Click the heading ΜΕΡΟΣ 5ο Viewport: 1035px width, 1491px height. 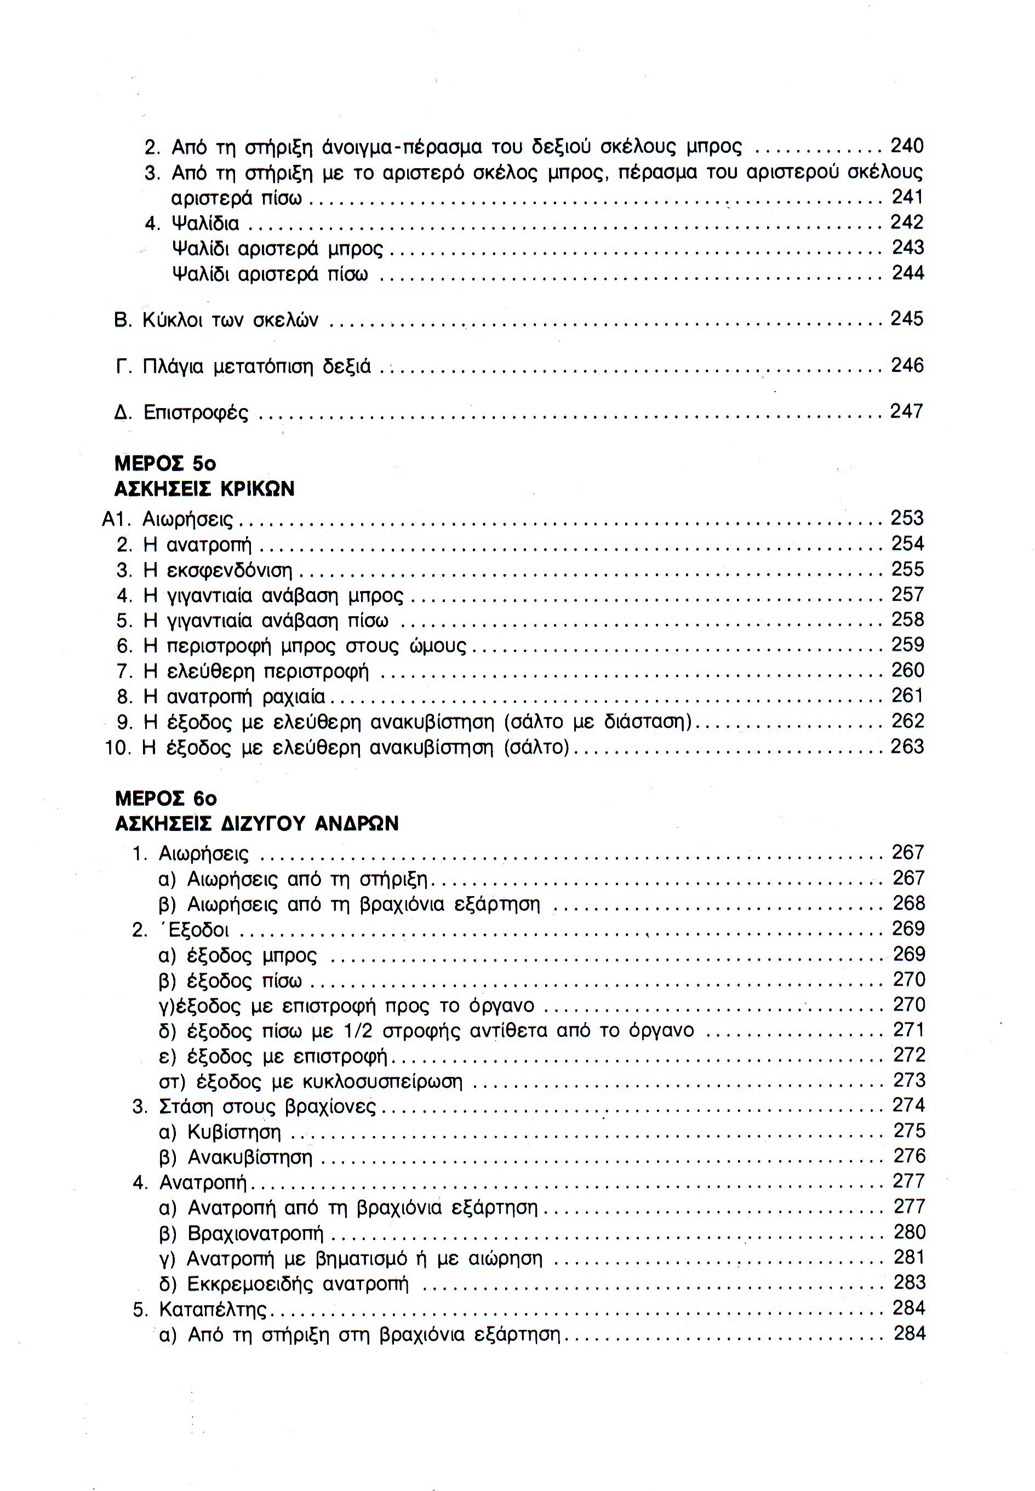point(165,463)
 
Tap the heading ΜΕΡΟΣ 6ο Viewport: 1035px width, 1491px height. point(165,798)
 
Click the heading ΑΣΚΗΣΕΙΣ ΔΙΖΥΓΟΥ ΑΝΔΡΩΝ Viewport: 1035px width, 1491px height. point(256,823)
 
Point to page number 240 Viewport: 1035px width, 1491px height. point(907,146)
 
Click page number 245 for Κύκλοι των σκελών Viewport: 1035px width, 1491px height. point(907,319)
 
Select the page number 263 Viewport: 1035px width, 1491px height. point(907,747)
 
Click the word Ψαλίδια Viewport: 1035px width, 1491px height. point(205,223)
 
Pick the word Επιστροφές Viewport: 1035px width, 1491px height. point(196,412)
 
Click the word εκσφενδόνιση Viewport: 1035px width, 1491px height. point(230,570)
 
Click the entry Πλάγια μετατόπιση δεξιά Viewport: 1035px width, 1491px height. point(256,367)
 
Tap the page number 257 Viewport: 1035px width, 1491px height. point(907,594)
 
